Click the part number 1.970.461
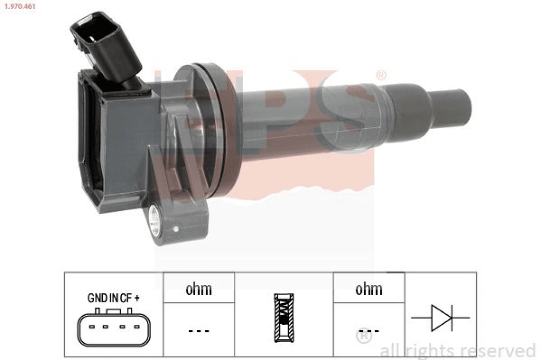20,6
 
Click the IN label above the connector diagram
114,298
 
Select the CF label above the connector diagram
126,298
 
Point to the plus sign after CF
137,298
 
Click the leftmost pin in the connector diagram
92,326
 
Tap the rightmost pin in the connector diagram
137,326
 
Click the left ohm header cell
199,288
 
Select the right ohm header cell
369,288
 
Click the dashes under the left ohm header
199,331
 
